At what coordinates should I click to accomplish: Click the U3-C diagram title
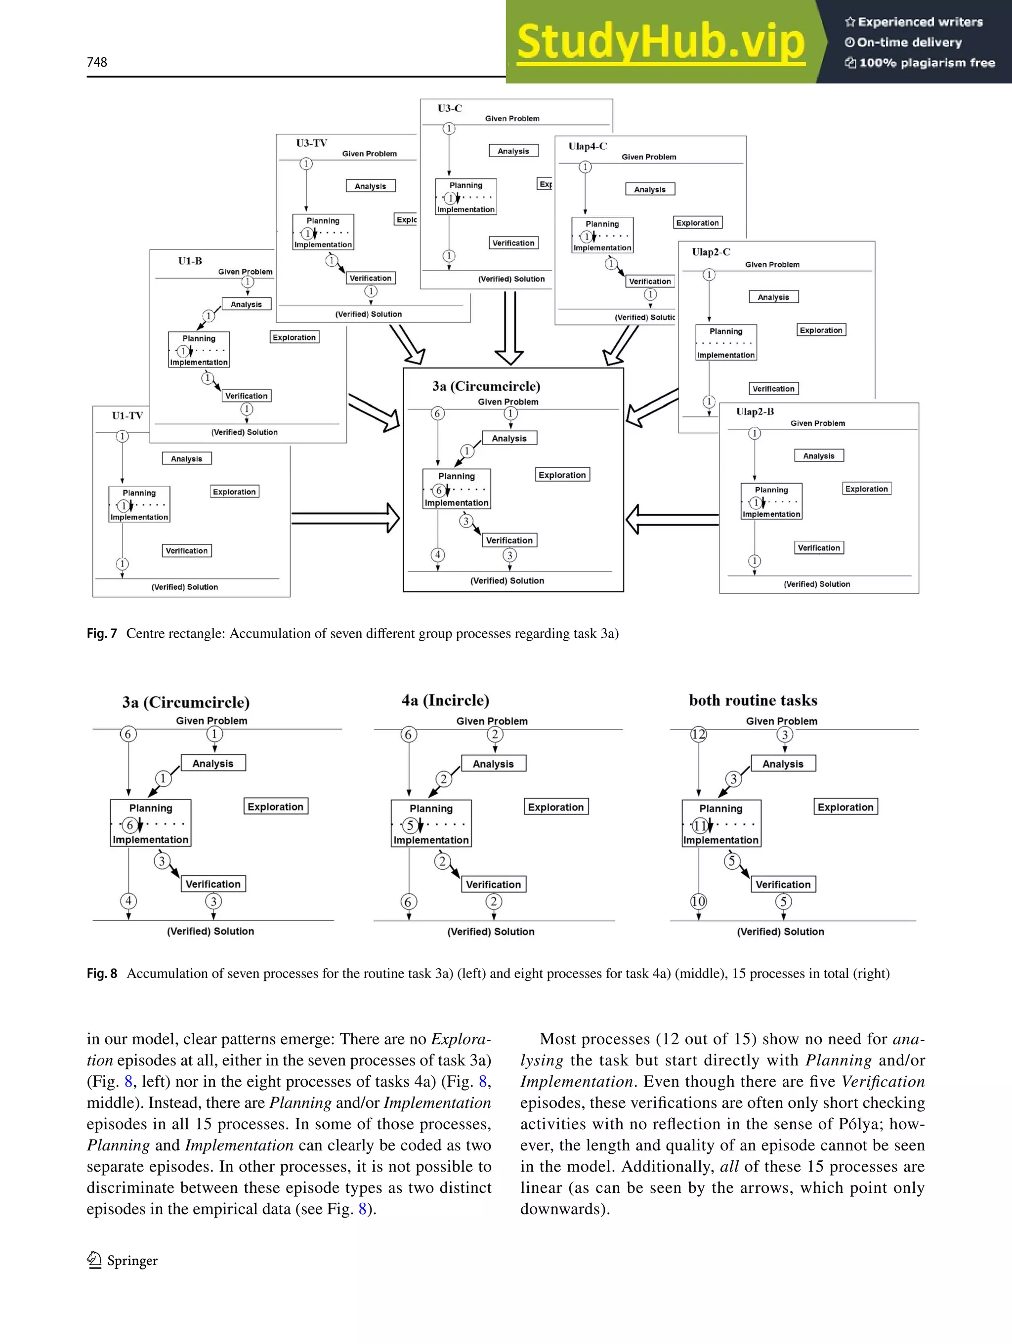(450, 108)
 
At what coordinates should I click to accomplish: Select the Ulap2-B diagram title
(755, 411)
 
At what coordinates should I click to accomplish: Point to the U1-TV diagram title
(127, 415)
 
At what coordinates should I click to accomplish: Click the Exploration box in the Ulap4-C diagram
(698, 223)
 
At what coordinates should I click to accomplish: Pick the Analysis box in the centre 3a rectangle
(509, 438)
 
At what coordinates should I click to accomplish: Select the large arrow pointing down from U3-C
(509, 328)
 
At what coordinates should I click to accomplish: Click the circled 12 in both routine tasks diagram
(698, 734)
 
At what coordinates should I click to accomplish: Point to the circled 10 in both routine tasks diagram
(698, 901)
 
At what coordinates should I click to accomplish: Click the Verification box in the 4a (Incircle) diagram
(494, 885)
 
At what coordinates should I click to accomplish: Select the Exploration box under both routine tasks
(845, 807)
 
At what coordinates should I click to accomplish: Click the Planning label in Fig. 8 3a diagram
(151, 808)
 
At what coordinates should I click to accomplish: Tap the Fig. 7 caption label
(101, 634)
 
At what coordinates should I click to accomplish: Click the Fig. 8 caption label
(101, 974)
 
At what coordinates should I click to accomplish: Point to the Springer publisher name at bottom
(132, 1261)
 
